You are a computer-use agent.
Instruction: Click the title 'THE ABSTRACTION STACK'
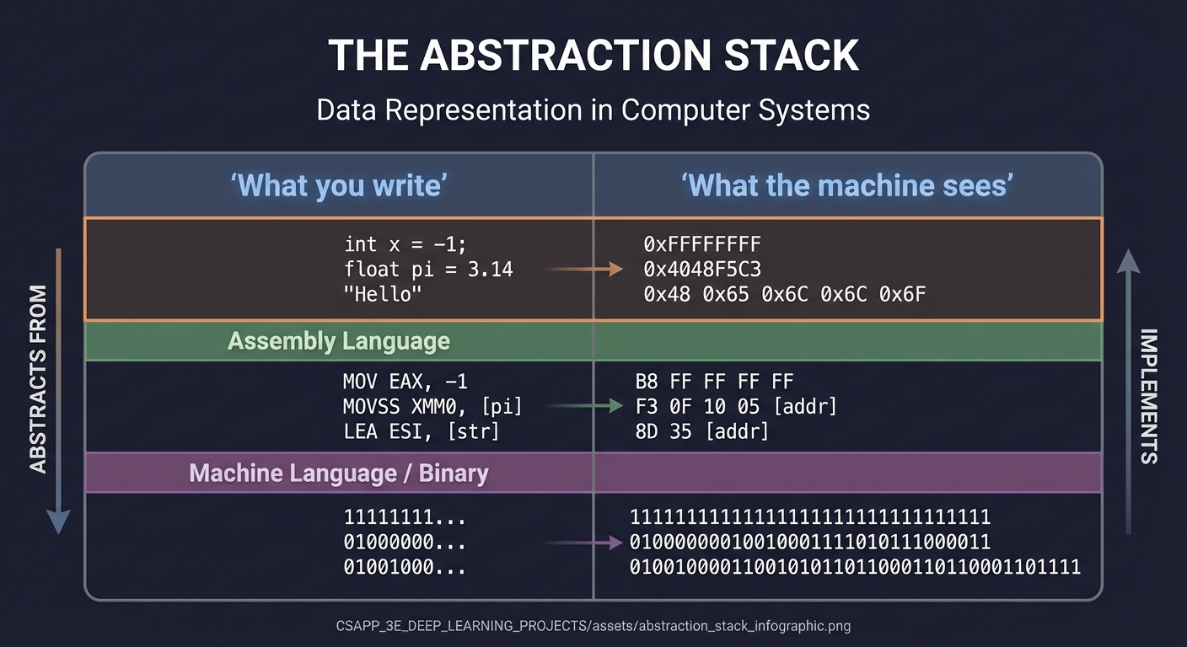coord(593,56)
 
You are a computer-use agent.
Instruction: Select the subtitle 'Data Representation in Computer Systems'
coord(593,110)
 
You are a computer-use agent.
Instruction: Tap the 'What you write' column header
coord(338,185)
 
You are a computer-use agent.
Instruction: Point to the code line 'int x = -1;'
coord(405,244)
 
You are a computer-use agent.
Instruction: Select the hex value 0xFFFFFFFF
coord(701,244)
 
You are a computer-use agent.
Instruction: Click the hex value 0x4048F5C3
coord(701,270)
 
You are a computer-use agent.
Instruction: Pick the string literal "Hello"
coord(382,295)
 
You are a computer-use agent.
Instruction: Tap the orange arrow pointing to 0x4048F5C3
coord(583,270)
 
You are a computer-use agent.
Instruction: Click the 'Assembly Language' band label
coord(338,341)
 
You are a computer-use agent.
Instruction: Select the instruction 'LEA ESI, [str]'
coord(421,431)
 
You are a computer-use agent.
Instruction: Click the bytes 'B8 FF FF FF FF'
coord(714,381)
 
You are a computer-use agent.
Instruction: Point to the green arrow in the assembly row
coord(583,406)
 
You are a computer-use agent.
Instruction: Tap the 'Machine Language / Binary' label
coord(338,473)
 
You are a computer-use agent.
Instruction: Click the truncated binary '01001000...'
coord(405,567)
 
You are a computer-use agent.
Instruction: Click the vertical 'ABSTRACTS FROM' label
coord(39,379)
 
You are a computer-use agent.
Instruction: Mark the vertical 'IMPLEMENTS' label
coord(1148,396)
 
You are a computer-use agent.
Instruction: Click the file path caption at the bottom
coord(593,626)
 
